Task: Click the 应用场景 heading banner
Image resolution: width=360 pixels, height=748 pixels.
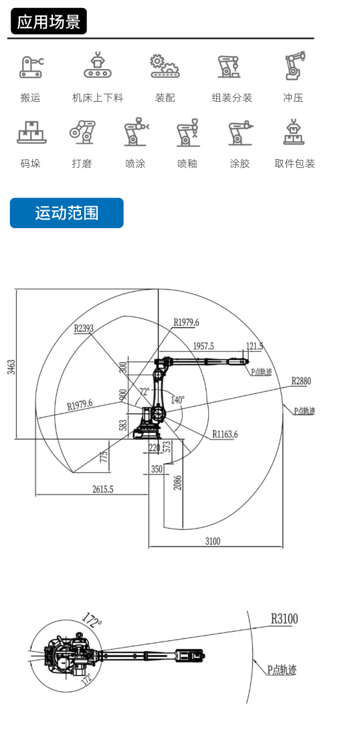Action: pyautogui.click(x=49, y=21)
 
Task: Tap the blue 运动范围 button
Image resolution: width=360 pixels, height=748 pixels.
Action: pyautogui.click(x=67, y=213)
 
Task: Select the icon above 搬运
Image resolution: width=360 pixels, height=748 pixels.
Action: pyautogui.click(x=31, y=67)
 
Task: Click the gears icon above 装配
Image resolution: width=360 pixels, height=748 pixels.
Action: pyautogui.click(x=165, y=66)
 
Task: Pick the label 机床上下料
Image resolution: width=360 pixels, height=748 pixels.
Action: pyautogui.click(x=98, y=98)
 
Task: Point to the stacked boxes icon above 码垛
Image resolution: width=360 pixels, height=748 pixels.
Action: pyautogui.click(x=31, y=132)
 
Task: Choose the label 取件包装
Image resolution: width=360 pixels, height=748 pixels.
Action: pyautogui.click(x=294, y=164)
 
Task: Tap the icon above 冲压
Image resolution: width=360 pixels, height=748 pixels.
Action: pyautogui.click(x=294, y=66)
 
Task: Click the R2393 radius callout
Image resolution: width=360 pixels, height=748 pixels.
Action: pyautogui.click(x=84, y=328)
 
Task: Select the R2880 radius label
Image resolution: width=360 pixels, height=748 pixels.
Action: pyautogui.click(x=301, y=381)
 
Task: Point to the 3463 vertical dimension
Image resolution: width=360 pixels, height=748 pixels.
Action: pyautogui.click(x=11, y=367)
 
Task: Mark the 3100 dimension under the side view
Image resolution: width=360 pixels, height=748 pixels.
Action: pyautogui.click(x=213, y=541)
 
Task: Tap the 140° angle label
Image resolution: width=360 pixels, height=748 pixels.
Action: pyautogui.click(x=177, y=400)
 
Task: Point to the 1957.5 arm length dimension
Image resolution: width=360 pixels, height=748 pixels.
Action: pyautogui.click(x=203, y=347)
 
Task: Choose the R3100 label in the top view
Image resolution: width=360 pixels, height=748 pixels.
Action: pyautogui.click(x=284, y=619)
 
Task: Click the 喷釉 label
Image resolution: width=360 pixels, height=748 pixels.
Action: pyautogui.click(x=187, y=164)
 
